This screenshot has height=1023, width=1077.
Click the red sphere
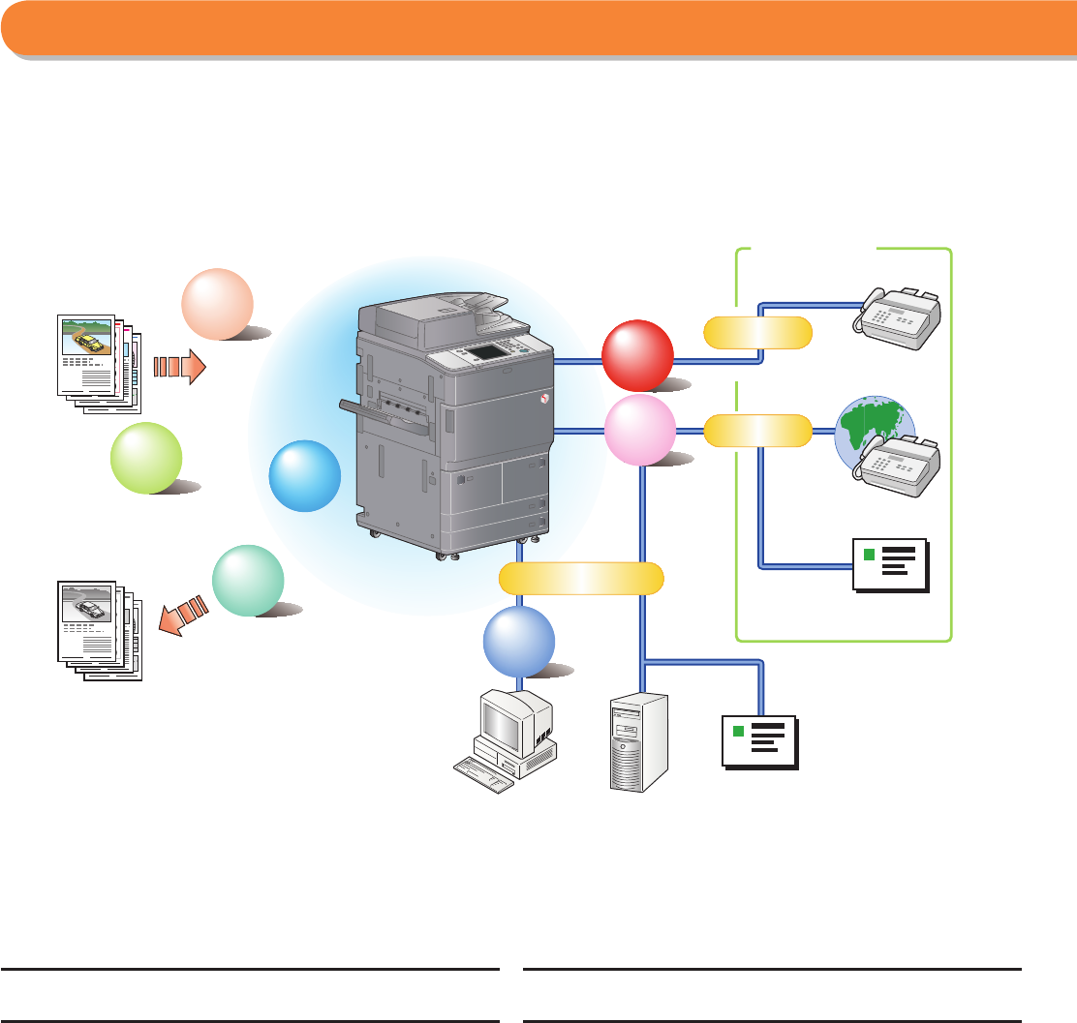pyautogui.click(x=637, y=355)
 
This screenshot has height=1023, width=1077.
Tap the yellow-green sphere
pyautogui.click(x=147, y=458)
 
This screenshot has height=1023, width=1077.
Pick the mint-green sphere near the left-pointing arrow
pyautogui.click(x=248, y=581)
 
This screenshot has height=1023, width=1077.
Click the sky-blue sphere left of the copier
pyautogui.click(x=305, y=475)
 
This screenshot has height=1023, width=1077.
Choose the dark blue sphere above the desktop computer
pyautogui.click(x=519, y=641)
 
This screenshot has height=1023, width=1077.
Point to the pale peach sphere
pyautogui.click(x=218, y=305)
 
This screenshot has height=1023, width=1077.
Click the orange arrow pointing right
pyautogui.click(x=180, y=368)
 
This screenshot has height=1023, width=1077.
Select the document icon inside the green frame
pyautogui.click(x=890, y=563)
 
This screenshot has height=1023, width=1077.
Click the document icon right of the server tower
pyautogui.click(x=760, y=741)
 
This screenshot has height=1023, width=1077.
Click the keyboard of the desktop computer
pyautogui.click(x=484, y=774)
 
